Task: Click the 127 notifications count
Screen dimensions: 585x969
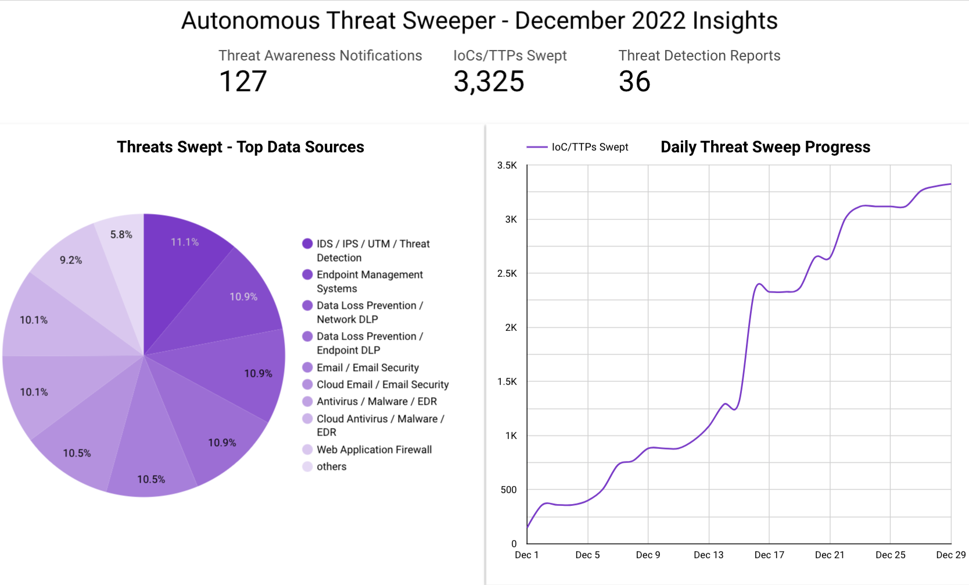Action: [243, 81]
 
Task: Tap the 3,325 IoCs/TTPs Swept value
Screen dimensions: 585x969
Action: [489, 81]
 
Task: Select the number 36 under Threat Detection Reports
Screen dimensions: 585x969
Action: [634, 81]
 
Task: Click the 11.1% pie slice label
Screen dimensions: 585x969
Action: [185, 242]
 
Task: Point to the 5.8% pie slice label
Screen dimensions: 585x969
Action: [121, 234]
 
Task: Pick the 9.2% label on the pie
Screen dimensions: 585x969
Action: [71, 260]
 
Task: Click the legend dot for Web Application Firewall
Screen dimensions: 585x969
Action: [307, 450]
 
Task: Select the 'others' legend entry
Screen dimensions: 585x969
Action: [331, 466]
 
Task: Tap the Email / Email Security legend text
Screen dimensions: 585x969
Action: [368, 368]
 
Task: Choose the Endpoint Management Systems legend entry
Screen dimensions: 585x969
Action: [369, 281]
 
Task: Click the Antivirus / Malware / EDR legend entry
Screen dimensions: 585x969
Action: [376, 401]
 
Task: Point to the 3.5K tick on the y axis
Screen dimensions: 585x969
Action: [507, 165]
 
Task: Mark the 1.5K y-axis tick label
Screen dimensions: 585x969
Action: [507, 381]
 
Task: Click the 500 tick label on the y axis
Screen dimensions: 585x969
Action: [508, 490]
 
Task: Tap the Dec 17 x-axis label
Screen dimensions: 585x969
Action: [769, 555]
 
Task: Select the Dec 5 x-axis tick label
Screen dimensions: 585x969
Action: [587, 555]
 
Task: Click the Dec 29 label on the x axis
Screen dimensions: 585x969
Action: [950, 555]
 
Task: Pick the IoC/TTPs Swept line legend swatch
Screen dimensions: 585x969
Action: [537, 147]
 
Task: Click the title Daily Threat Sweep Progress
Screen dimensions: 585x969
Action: [765, 147]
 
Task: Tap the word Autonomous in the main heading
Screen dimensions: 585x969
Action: [250, 21]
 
